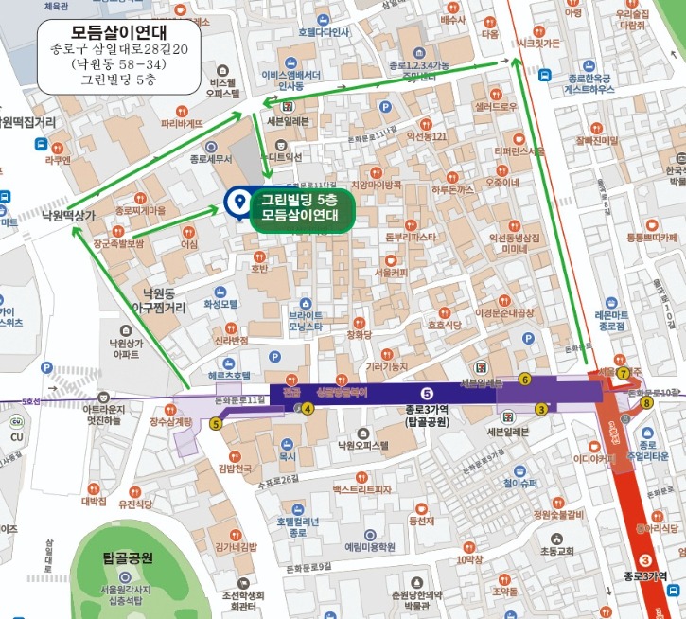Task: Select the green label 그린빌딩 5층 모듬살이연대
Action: click(299, 207)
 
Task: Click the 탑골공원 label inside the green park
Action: click(128, 558)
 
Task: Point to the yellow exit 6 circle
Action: click(524, 380)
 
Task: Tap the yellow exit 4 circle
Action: click(308, 409)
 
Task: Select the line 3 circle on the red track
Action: click(645, 560)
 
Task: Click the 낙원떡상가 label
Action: click(69, 216)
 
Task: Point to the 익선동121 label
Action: click(426, 137)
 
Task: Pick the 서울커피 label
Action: click(391, 273)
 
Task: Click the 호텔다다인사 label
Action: click(324, 32)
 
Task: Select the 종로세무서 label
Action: click(211, 159)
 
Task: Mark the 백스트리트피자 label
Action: click(362, 489)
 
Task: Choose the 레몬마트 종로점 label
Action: click(612, 320)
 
